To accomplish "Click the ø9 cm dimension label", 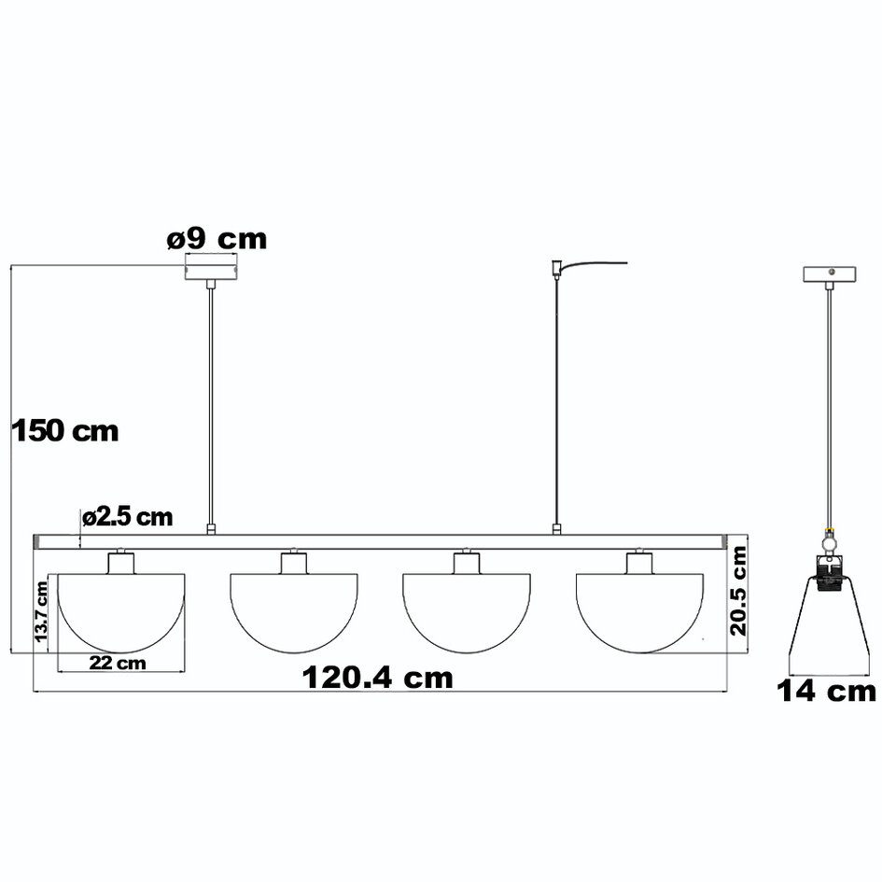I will pyautogui.click(x=217, y=239).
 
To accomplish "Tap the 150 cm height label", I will pyautogui.click(x=64, y=431).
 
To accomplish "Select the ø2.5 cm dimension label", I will pyautogui.click(x=127, y=516).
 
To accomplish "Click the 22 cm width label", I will pyautogui.click(x=119, y=663).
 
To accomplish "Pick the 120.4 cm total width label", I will pyautogui.click(x=377, y=678).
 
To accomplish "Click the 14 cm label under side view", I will pyautogui.click(x=827, y=692).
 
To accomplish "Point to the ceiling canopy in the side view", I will pyautogui.click(x=830, y=274).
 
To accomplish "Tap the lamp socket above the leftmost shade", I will pyautogui.click(x=121, y=562).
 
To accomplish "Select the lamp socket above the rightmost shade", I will pyautogui.click(x=640, y=562).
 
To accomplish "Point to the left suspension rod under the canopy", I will pyautogui.click(x=211, y=401).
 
